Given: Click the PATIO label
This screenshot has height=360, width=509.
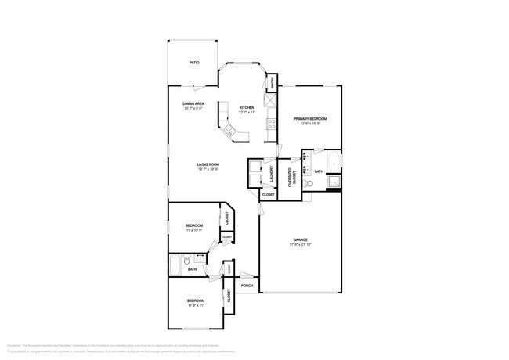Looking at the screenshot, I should (193, 62).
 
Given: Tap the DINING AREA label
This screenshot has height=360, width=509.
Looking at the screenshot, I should (193, 103).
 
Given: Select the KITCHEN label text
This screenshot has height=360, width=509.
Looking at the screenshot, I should (247, 107).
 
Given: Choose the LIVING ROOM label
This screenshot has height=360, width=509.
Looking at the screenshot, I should (208, 164).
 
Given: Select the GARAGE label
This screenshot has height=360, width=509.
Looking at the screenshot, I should (300, 240).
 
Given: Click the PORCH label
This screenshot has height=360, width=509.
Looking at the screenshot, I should (247, 286).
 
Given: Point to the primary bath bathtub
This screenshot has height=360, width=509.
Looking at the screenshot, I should (334, 163).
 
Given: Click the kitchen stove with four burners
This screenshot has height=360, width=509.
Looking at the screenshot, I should (271, 121).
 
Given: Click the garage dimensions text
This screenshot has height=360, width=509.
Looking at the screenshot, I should (300, 245).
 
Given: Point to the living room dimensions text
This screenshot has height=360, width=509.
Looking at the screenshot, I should (208, 169).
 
